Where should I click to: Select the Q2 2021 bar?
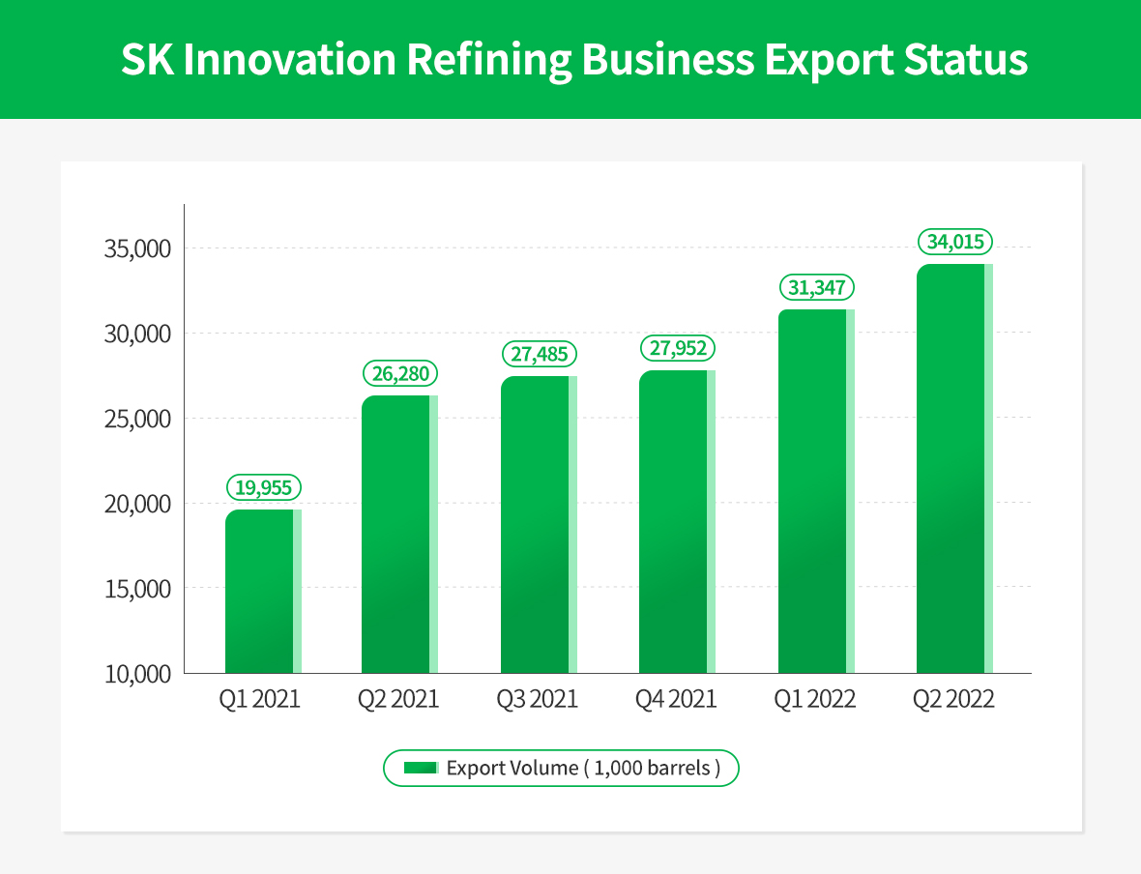click(399, 535)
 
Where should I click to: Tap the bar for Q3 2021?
click(539, 524)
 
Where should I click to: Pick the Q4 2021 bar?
click(677, 521)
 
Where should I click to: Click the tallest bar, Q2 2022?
click(954, 469)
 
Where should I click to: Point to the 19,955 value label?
click(263, 487)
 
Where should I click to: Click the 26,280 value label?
click(400, 373)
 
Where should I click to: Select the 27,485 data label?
click(540, 354)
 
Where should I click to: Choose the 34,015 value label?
click(955, 242)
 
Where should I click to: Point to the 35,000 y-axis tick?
click(136, 249)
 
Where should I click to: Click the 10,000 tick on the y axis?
click(136, 674)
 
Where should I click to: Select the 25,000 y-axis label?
click(136, 420)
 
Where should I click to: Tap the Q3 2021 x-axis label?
click(538, 699)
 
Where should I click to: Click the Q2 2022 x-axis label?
click(953, 699)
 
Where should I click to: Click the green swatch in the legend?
click(422, 769)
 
